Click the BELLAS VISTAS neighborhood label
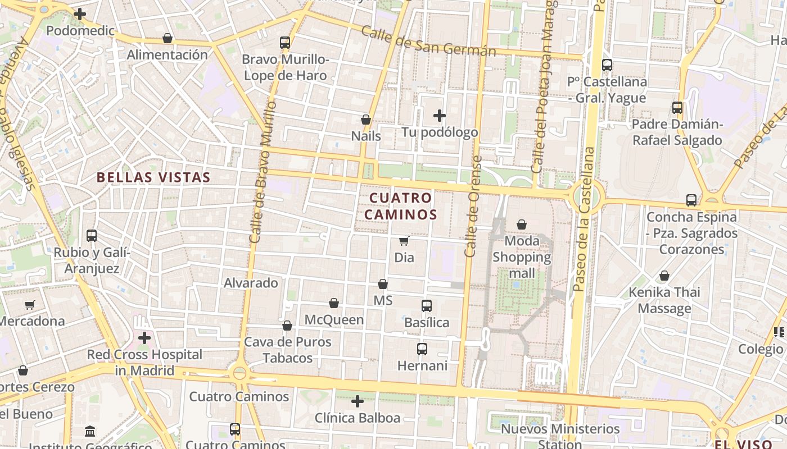point(153,177)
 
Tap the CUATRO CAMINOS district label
point(401,206)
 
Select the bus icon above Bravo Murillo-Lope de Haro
point(285,43)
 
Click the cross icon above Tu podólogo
point(440,116)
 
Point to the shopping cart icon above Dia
point(404,241)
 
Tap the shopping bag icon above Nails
point(366,120)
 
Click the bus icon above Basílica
point(427,306)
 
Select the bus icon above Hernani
point(422,349)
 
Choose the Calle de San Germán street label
point(428,41)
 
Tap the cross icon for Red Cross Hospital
point(144,338)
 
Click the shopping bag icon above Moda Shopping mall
point(522,224)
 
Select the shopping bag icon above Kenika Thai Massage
point(664,276)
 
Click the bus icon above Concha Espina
point(691,200)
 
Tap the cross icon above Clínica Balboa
point(358,401)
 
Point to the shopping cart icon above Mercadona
point(30,305)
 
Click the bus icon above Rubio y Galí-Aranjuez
point(92,236)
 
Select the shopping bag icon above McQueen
point(334,304)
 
